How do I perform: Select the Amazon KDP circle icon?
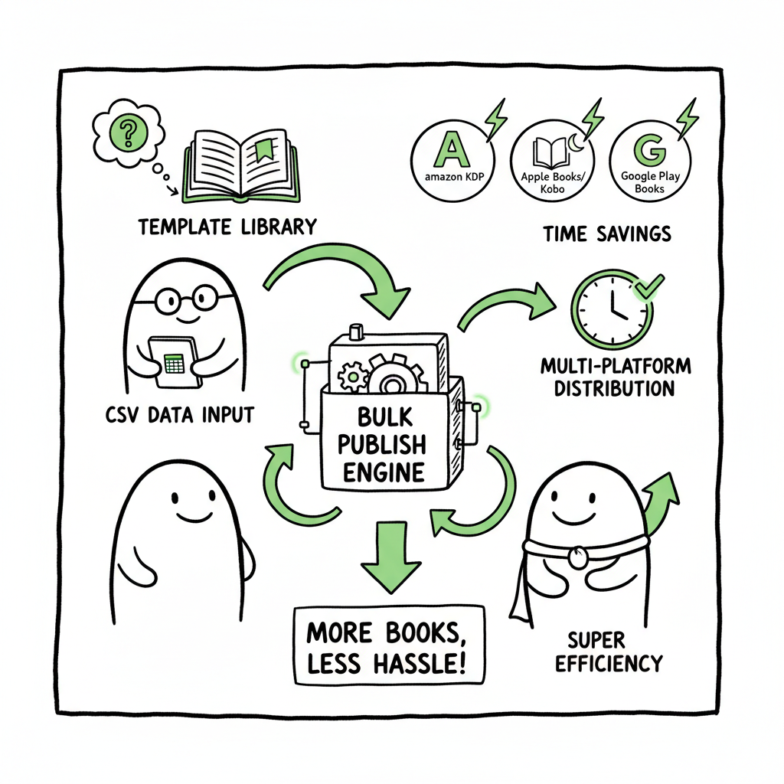click(x=450, y=162)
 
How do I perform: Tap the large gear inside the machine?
click(x=394, y=376)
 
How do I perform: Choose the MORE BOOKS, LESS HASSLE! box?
click(x=389, y=645)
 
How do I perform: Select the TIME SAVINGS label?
click(x=607, y=234)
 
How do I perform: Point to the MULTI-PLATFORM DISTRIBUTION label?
click(x=615, y=377)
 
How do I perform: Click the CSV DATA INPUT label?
click(x=178, y=416)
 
